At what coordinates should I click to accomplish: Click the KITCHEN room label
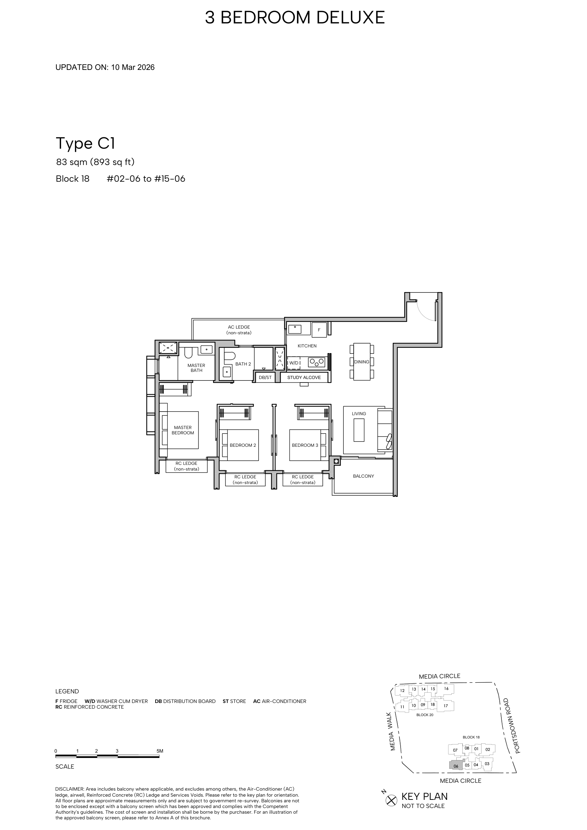pyautogui.click(x=307, y=346)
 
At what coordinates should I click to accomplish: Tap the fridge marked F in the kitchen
pyautogui.click(x=319, y=330)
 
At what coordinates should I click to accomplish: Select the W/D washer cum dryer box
pyautogui.click(x=294, y=363)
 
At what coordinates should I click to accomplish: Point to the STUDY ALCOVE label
pyautogui.click(x=304, y=378)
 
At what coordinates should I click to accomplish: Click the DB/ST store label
pyautogui.click(x=265, y=378)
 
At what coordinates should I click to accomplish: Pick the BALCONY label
pyautogui.click(x=364, y=476)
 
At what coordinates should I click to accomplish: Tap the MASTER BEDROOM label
pyautogui.click(x=183, y=430)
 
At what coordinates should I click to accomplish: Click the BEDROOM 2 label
pyautogui.click(x=243, y=445)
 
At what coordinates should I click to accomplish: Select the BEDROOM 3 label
pyautogui.click(x=305, y=445)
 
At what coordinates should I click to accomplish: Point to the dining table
pyautogui.click(x=362, y=362)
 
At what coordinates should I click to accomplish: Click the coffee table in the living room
pyautogui.click(x=359, y=430)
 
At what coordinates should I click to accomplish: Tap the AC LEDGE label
pyautogui.click(x=239, y=330)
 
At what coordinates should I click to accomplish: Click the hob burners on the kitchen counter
pyautogui.click(x=316, y=362)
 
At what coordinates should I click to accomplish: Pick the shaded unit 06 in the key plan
pyautogui.click(x=456, y=766)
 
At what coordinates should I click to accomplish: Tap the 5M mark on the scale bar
pyautogui.click(x=159, y=751)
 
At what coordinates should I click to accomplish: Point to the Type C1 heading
pyautogui.click(x=85, y=143)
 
